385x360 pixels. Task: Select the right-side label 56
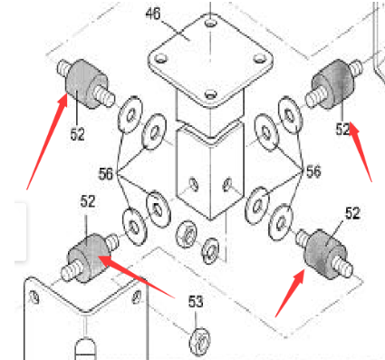pos(313,170)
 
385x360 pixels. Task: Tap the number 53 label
pos(196,301)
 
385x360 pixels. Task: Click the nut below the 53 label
pos(200,342)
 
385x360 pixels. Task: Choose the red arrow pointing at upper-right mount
pos(362,150)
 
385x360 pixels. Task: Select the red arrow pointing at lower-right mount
pos(288,290)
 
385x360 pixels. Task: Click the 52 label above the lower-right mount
pos(352,214)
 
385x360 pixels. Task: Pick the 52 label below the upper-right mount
pos(342,130)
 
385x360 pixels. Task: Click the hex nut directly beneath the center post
pos(186,232)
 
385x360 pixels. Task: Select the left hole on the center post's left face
pos(192,187)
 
